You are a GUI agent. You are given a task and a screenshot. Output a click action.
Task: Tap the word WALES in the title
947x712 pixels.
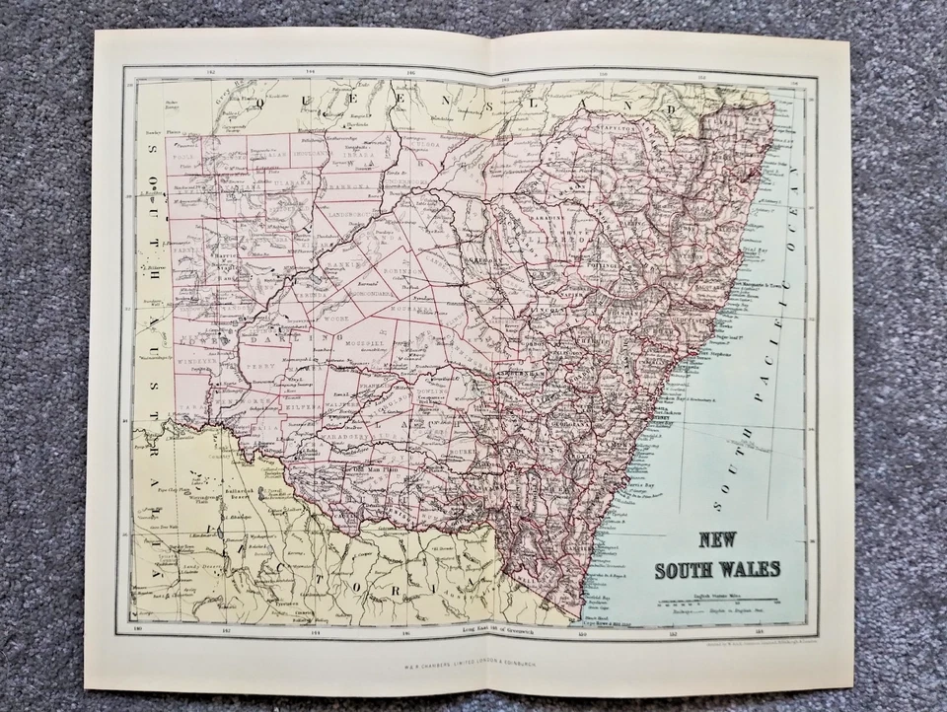[751, 569]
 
